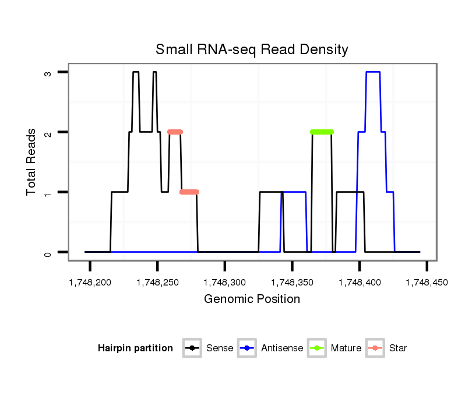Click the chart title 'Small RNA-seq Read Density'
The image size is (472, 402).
252,50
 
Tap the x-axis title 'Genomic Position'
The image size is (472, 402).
252,299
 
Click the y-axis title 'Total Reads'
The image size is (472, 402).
31,162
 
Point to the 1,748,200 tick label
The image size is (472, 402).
90,283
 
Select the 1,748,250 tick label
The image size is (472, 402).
157,283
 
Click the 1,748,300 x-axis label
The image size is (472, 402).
225,283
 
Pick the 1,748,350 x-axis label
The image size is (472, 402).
292,283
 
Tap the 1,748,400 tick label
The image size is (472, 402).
360,283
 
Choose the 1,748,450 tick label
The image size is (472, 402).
427,283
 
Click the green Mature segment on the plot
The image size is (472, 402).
322,132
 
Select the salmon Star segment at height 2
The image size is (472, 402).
175,132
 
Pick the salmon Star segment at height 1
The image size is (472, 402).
189,192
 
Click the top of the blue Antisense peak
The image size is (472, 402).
373,72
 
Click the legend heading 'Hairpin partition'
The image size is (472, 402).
135,348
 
